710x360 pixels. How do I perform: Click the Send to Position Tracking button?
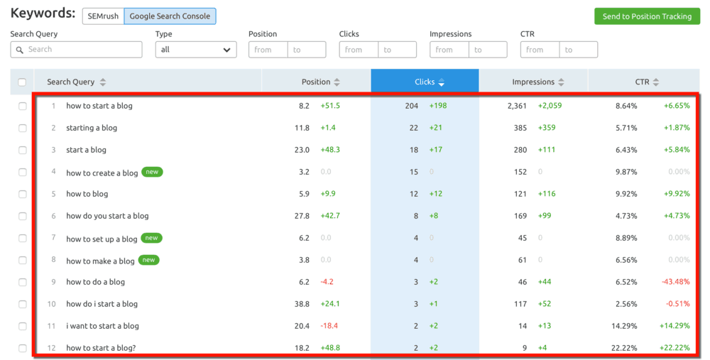point(646,16)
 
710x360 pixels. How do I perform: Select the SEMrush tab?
point(103,16)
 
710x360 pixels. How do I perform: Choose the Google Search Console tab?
point(170,16)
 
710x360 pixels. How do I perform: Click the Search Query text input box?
point(76,50)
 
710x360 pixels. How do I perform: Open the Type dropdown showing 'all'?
point(196,50)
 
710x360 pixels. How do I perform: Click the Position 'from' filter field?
point(268,50)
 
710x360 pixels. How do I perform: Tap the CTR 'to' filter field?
point(578,50)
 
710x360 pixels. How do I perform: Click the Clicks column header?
point(425,82)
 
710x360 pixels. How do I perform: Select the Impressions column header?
point(533,82)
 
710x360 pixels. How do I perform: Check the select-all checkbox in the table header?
point(22,82)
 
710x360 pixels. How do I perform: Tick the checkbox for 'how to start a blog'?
point(22,106)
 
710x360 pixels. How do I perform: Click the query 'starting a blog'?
point(92,128)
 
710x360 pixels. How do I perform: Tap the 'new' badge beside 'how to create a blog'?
point(152,172)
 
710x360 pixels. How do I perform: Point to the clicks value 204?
point(411,106)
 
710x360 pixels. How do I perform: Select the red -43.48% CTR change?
point(675,282)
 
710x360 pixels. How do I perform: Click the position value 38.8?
point(302,304)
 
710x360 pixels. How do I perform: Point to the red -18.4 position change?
point(330,326)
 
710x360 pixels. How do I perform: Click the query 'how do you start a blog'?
point(107,216)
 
